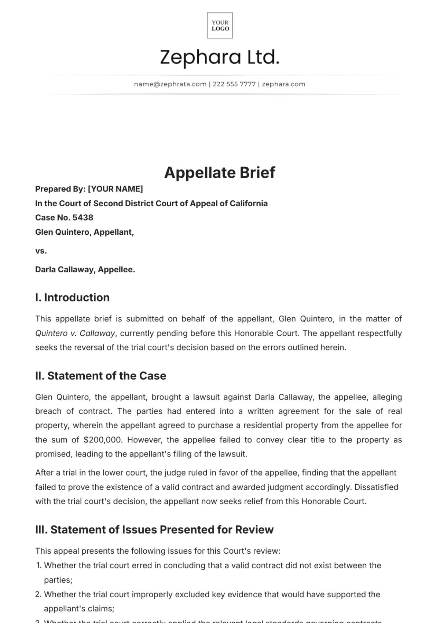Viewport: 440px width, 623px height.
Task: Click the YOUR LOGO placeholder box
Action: coord(220,25)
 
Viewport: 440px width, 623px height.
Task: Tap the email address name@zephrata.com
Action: coord(170,84)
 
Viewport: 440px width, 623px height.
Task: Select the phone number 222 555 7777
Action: coord(234,84)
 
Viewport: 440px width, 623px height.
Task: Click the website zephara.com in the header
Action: coord(283,84)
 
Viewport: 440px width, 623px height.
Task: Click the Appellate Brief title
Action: coord(220,172)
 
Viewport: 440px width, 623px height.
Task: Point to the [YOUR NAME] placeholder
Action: coord(115,189)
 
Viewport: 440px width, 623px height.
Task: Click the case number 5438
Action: coord(83,218)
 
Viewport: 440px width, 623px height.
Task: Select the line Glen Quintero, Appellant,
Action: coord(84,232)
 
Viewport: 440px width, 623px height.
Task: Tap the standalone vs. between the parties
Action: coord(41,251)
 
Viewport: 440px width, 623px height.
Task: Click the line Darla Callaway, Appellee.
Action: coord(85,270)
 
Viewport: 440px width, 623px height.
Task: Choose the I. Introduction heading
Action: coord(72,298)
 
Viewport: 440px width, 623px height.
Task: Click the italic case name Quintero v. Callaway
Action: coord(75,334)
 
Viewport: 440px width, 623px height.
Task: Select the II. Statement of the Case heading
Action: coord(100,376)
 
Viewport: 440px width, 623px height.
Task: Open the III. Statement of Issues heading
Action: coord(154,530)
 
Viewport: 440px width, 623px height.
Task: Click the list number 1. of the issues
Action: coord(39,566)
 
